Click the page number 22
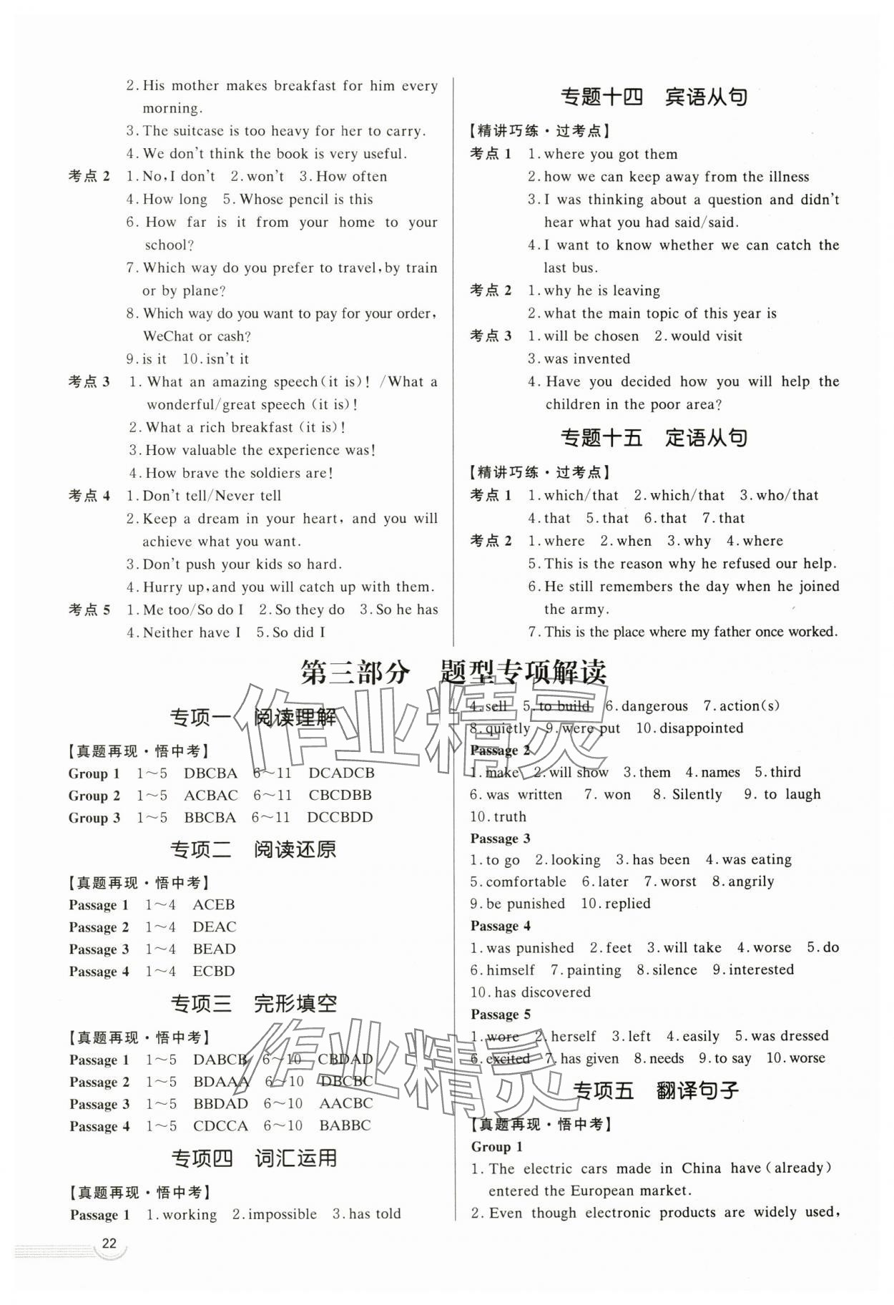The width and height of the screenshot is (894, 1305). pyautogui.click(x=109, y=1263)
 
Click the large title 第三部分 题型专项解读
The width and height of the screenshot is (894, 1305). pyautogui.click(x=453, y=673)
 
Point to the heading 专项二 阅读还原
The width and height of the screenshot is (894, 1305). pyautogui.click(x=252, y=849)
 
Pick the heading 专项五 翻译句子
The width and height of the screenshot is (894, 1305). pyautogui.click(x=657, y=1090)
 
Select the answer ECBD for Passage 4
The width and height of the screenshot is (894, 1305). pyautogui.click(x=213, y=971)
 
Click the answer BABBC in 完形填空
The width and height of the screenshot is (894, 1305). pyautogui.click(x=345, y=1125)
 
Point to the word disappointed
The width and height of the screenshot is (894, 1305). pyautogui.click(x=701, y=728)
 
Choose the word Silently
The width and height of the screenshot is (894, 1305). pyautogui.click(x=697, y=794)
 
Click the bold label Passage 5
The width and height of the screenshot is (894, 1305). pyautogui.click(x=501, y=1014)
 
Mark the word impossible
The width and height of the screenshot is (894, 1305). pyautogui.click(x=282, y=1214)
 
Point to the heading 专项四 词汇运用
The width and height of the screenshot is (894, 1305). pyautogui.click(x=254, y=1158)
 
